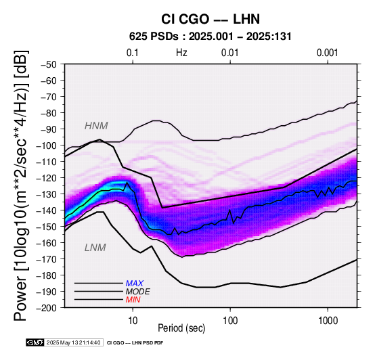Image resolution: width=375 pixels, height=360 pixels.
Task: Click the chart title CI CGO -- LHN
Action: [211, 19]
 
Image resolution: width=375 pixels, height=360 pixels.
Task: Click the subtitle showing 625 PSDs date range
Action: [211, 37]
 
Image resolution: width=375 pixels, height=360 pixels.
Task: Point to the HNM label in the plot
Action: [96, 126]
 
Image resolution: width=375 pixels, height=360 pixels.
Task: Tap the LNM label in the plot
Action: [95, 248]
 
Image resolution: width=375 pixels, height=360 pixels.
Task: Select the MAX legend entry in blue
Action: [134, 284]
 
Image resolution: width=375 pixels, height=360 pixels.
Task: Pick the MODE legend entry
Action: [138, 292]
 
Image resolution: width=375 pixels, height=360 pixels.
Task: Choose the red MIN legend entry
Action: [133, 300]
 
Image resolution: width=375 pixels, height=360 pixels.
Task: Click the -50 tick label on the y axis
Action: [49, 64]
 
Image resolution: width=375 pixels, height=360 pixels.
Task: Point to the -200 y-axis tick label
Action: [47, 308]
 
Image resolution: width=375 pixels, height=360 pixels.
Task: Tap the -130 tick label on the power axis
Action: [47, 194]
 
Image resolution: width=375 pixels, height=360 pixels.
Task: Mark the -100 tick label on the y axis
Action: [47, 145]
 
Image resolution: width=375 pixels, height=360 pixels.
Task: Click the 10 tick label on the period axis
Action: [133, 321]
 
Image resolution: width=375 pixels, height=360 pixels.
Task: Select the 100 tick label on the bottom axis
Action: [230, 321]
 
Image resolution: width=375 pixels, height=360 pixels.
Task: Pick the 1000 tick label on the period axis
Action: [328, 321]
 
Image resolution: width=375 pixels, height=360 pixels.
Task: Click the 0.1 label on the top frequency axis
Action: [133, 53]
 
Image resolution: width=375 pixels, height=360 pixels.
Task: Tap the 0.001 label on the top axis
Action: [328, 53]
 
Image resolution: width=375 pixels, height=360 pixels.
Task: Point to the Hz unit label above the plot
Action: [181, 53]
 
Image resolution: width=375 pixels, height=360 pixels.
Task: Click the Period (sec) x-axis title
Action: [181, 328]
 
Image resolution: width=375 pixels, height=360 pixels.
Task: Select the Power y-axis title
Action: [21, 185]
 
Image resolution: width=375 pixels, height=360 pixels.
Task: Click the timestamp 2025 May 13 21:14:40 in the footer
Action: [73, 342]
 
